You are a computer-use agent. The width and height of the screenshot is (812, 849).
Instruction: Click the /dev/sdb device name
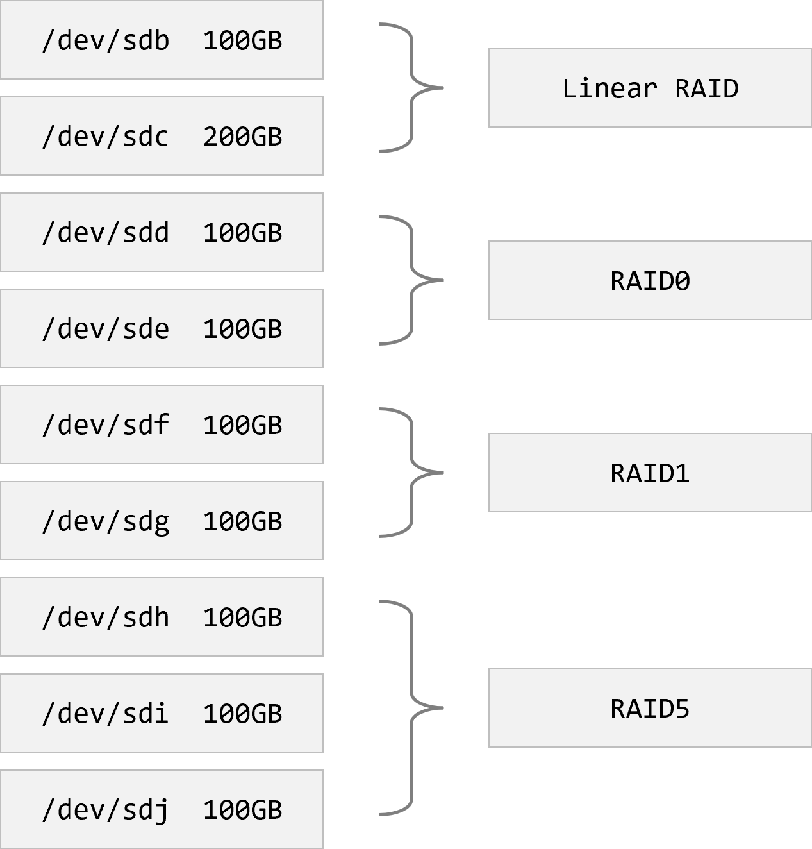click(106, 40)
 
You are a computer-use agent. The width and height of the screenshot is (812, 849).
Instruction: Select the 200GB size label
click(242, 137)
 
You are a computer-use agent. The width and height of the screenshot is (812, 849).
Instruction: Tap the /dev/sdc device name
click(106, 137)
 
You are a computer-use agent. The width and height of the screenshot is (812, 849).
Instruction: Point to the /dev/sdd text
click(106, 233)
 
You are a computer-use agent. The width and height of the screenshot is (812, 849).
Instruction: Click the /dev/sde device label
click(106, 329)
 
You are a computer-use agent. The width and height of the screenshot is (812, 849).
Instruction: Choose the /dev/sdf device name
click(106, 425)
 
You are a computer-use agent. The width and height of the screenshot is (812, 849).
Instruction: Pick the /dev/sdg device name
click(106, 522)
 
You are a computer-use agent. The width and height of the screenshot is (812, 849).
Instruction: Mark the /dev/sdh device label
click(106, 618)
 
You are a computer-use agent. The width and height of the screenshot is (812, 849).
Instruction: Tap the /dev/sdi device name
click(106, 714)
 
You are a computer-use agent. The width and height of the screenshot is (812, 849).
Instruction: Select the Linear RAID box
click(650, 88)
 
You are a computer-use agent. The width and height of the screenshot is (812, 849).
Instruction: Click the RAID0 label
click(650, 281)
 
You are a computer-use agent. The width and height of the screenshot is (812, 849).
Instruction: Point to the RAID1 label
click(650, 473)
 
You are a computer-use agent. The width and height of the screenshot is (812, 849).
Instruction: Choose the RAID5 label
click(650, 709)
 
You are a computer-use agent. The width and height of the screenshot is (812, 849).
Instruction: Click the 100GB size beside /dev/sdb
click(242, 40)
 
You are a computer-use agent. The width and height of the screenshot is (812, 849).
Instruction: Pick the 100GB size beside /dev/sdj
click(242, 810)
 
